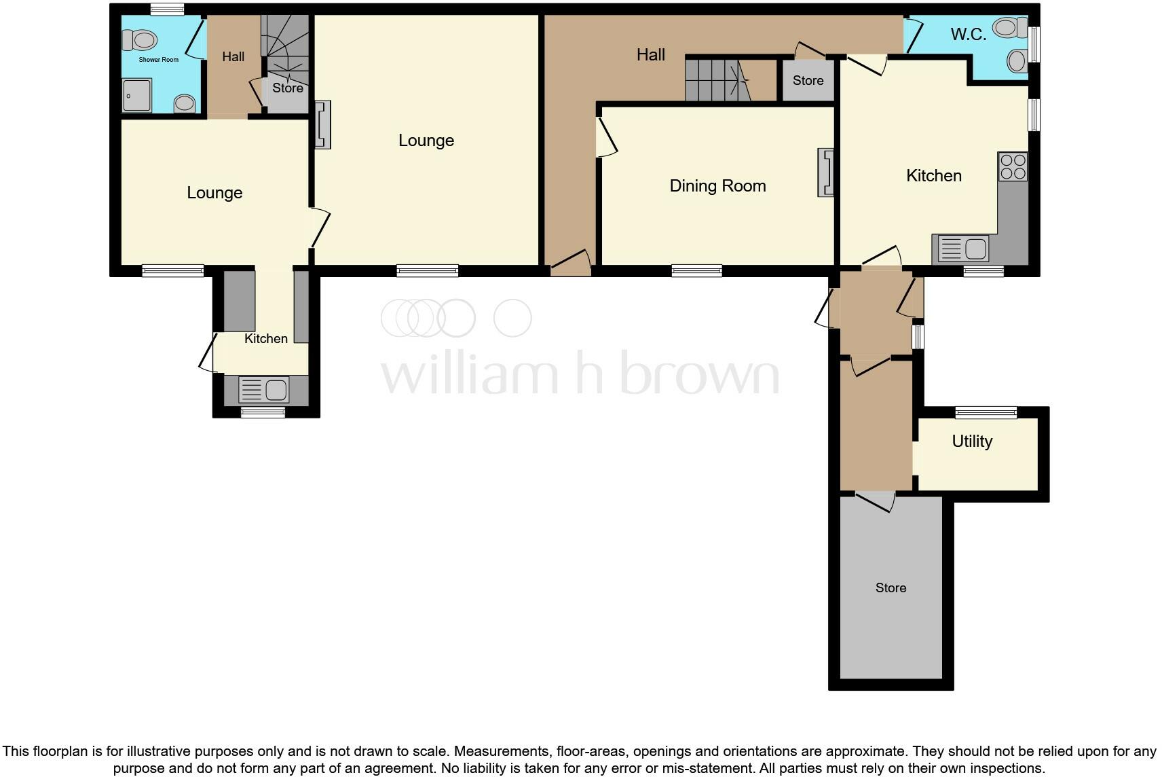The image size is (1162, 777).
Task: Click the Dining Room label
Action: point(717,185)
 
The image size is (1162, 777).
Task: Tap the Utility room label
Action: point(972,441)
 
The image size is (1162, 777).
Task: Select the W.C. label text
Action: point(968,35)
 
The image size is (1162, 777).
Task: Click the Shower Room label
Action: point(159,60)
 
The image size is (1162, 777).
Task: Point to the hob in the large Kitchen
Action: point(1013,166)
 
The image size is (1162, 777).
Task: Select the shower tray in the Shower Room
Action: point(136,95)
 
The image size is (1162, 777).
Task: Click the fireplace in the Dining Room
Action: point(825,173)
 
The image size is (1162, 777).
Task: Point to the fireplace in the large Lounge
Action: point(323,124)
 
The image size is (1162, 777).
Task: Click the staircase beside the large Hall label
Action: point(716,79)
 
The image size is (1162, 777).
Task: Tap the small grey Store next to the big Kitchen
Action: point(808,81)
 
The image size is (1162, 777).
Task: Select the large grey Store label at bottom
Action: point(891,588)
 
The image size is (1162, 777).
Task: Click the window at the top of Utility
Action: point(986,412)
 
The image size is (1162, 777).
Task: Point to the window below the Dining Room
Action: point(696,271)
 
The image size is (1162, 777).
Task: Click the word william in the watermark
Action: point(468,375)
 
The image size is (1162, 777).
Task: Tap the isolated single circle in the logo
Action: point(512,318)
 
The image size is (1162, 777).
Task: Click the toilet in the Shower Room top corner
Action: point(139,39)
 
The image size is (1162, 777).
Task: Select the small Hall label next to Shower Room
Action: point(233,56)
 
